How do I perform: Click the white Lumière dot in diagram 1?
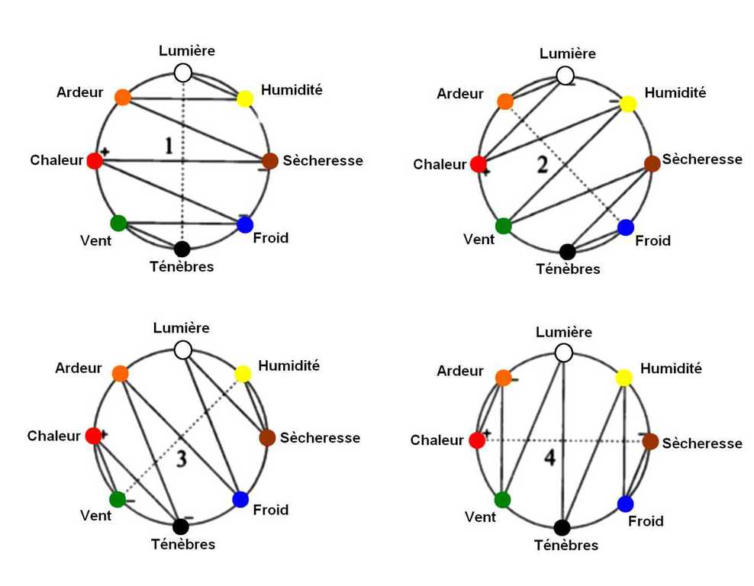coord(182,73)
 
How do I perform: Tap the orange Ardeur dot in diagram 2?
coord(505,101)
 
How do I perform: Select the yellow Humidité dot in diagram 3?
coord(243,374)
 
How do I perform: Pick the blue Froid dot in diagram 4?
coord(625,504)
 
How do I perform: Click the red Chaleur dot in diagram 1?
coord(95,161)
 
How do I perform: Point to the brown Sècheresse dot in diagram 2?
coord(652,163)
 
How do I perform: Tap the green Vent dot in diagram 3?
coord(118,499)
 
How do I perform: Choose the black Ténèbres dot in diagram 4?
coord(562,527)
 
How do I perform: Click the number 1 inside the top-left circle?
coord(170,146)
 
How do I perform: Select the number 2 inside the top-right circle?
coord(543,166)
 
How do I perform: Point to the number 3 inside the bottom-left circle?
coord(182,458)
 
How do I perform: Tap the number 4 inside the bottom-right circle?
coord(549,458)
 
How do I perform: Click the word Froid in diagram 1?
coord(271,238)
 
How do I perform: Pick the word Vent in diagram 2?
coord(479,240)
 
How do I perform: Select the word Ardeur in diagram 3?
coord(79,369)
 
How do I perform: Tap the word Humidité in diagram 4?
coord(671,369)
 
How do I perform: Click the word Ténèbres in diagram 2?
coord(568,269)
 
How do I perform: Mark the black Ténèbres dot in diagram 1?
coord(182,249)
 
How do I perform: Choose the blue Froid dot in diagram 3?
coord(240,499)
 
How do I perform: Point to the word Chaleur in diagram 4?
coord(437,441)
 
